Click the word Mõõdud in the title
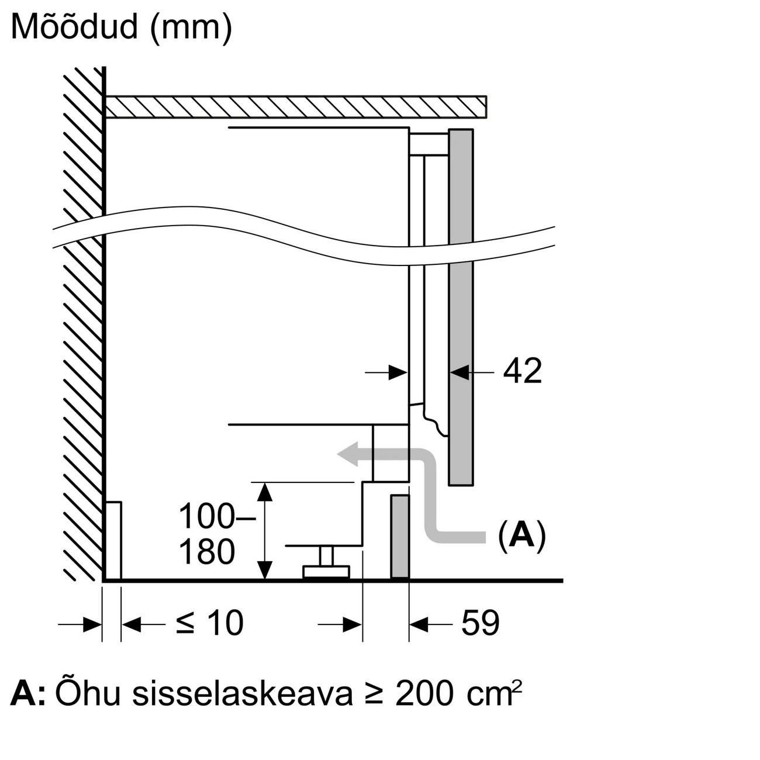coord(75,27)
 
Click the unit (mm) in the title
coord(191,29)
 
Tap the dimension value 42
coord(522,371)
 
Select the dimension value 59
coord(480,623)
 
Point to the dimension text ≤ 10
coord(209,623)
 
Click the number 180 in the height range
coord(207,552)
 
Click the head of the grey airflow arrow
coord(348,454)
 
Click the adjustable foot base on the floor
coord(326,572)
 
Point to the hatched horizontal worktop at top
coord(295,107)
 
